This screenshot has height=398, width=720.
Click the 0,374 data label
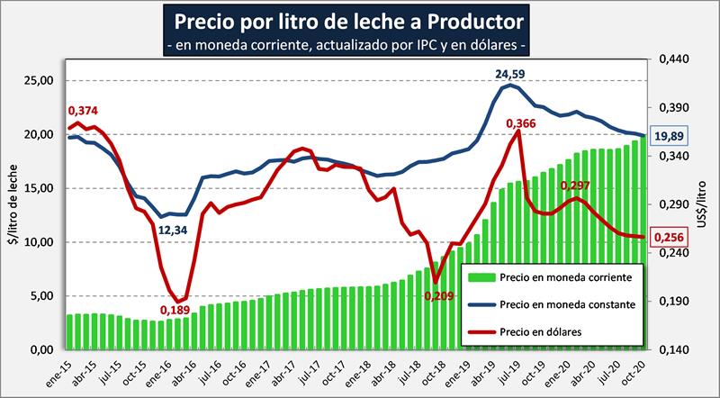point(82,111)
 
